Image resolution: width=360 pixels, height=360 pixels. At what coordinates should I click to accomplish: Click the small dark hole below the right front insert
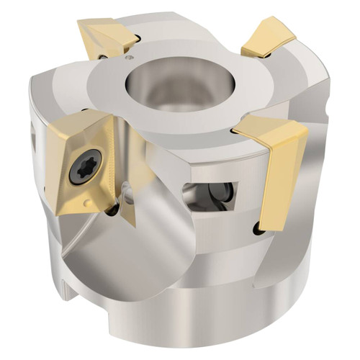click(258, 230)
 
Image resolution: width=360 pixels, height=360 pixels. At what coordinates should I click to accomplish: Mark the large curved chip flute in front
click(130, 259)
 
